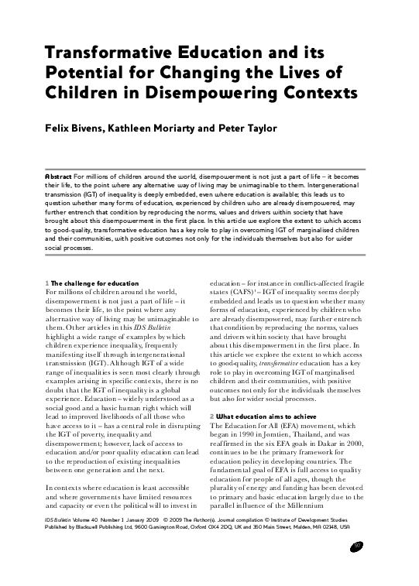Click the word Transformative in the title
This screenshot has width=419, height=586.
92,53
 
